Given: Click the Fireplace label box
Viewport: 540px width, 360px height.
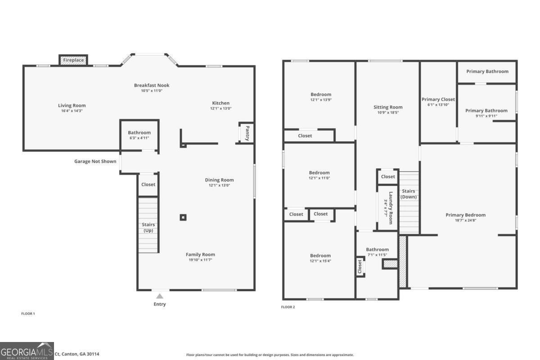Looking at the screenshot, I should pos(73,60).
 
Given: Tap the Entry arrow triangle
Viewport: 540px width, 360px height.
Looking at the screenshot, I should pos(159,296).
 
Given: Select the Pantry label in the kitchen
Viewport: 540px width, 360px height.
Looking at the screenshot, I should pos(247,133).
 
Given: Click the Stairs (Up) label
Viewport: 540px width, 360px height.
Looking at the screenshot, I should pos(148,227).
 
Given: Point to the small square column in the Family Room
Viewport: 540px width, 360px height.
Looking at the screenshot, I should pos(183,217).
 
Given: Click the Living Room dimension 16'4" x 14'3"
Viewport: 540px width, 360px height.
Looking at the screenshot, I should pos(72,111).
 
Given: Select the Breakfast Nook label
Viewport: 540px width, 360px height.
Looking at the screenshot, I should pos(152,85).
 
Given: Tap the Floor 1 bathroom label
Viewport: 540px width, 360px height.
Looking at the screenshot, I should pos(139,133).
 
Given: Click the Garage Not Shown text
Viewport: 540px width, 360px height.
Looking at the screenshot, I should pos(95,161).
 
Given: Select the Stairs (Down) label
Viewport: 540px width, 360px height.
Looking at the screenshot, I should pos(409,194).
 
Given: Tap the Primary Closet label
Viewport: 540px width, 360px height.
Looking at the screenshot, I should pos(438,99).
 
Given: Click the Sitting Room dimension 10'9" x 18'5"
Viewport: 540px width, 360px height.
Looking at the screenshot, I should pos(387,112).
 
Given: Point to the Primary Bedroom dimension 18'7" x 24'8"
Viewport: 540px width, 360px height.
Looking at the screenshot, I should pos(465,220).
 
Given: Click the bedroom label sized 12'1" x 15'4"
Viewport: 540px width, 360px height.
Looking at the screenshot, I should pos(320,256).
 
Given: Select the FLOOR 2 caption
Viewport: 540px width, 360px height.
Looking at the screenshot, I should pos(288,307).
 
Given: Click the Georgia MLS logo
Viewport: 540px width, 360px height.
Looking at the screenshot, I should pos(27,351).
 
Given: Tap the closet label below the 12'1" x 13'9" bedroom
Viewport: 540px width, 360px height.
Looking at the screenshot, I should pos(305,135).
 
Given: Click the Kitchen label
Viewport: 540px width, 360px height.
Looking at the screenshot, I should pos(220,103).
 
